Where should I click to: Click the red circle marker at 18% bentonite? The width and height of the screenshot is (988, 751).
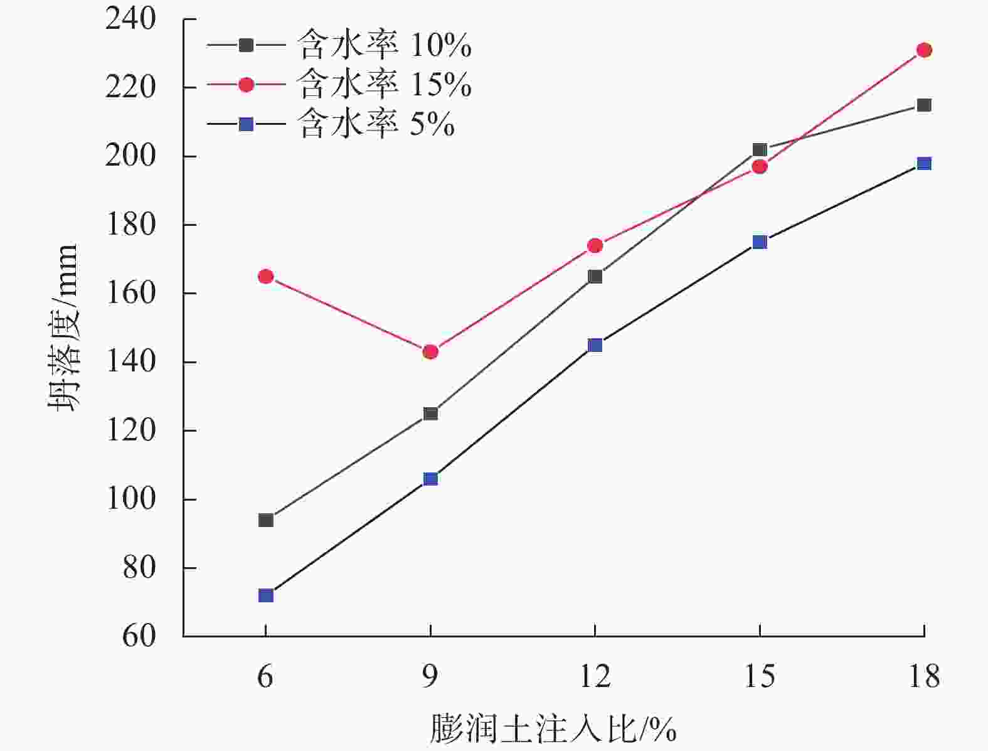(924, 50)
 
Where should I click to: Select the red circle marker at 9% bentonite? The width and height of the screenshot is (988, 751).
(430, 352)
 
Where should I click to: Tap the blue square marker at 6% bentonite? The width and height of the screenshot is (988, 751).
(266, 595)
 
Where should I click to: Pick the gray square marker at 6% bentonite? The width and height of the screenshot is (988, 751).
(266, 520)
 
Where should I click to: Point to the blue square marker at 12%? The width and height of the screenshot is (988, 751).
(595, 345)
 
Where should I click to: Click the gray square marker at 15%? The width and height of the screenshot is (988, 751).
(760, 150)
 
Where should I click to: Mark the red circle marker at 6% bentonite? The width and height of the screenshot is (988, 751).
(266, 276)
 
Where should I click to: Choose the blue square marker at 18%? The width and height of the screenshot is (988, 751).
(924, 164)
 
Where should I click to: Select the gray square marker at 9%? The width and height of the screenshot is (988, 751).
(430, 413)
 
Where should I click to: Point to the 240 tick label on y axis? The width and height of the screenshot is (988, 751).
(130, 19)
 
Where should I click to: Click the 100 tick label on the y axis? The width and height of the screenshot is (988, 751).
(130, 499)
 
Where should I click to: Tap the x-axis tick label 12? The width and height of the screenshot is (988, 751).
(595, 676)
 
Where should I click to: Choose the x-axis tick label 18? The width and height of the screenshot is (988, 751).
(924, 676)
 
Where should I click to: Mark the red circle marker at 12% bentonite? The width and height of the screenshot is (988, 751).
(595, 245)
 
